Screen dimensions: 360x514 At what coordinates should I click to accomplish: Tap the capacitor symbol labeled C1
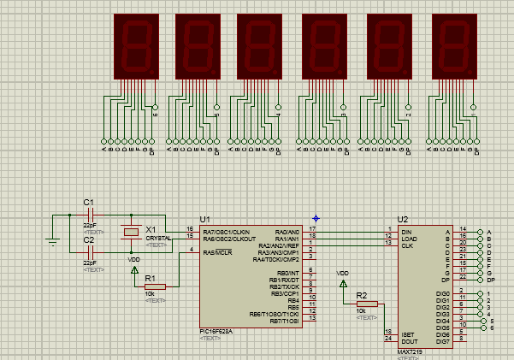89,214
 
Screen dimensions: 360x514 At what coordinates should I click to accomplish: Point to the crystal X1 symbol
131,232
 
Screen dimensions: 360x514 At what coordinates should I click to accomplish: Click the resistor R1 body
161,286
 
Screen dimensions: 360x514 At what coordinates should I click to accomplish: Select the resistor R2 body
367,304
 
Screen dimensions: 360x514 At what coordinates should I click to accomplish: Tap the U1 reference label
205,219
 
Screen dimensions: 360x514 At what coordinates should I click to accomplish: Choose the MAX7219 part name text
410,351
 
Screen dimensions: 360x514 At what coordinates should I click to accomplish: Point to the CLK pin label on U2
407,245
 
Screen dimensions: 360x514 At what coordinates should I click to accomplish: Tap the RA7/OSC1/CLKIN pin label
227,230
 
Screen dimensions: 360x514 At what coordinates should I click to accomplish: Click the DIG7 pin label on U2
442,341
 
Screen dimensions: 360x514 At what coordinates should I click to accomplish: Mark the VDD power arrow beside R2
343,282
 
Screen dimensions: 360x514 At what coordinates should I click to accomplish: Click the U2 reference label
403,220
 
